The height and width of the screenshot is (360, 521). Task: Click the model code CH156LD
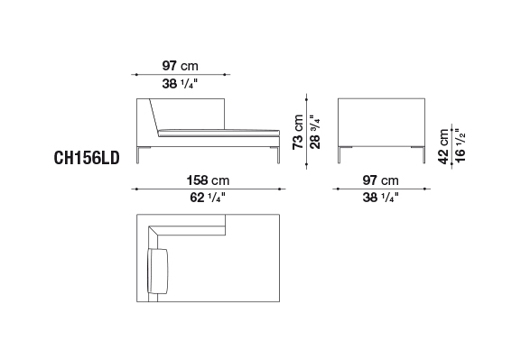87,158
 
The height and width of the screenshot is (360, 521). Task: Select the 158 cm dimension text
208,180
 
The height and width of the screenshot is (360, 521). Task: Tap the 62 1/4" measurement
208,198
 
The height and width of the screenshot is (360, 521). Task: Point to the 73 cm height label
298,132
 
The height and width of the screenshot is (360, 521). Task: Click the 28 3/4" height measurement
315,132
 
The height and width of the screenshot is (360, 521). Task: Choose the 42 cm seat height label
443,146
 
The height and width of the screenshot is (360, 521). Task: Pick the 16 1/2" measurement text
461,145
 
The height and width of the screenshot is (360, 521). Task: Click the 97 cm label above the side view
180,66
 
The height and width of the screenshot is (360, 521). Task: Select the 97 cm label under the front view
380,180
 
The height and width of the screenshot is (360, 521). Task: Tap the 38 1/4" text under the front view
380,198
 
